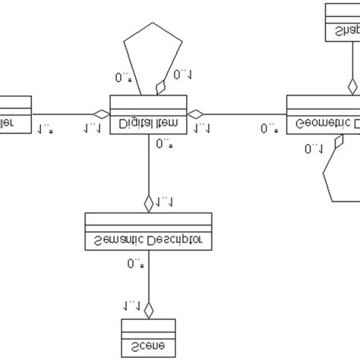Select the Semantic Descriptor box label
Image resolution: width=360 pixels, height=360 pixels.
coord(148,242)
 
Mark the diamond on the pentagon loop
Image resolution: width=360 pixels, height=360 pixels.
coord(159,89)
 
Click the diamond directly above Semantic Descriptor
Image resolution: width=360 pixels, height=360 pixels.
coord(148,203)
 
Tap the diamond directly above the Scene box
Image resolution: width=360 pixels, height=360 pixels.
coord(148,309)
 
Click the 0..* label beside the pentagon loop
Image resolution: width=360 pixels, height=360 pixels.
coord(123,77)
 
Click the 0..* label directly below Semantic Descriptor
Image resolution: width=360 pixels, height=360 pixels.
coord(135,264)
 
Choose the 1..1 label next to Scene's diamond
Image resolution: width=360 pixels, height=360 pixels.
coord(131,305)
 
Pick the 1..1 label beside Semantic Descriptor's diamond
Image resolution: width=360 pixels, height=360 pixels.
coord(165,202)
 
